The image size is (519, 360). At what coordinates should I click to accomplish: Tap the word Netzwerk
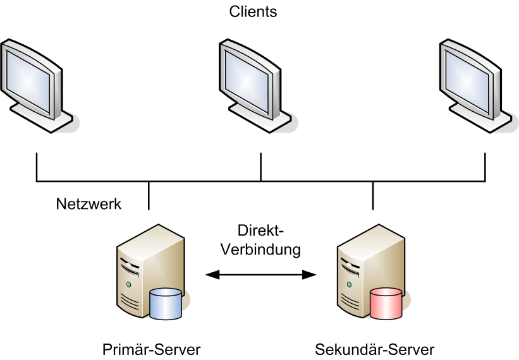[89, 204]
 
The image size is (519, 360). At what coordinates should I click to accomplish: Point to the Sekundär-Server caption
[375, 349]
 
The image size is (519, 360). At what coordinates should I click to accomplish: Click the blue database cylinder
[166, 303]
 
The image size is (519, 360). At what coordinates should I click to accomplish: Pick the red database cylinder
[386, 303]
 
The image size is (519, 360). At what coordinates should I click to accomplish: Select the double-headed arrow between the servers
[262, 274]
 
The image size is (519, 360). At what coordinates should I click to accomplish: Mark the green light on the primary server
[128, 285]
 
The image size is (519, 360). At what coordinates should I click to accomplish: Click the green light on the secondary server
[348, 285]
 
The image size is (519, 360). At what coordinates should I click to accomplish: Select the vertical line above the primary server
[149, 195]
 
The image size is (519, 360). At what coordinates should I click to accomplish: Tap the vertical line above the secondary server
[373, 195]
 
